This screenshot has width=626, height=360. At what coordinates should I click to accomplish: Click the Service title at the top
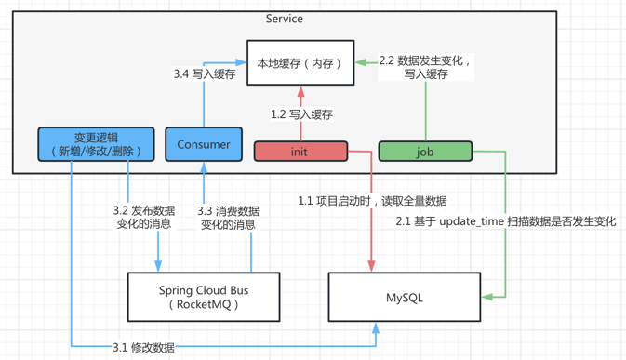pos(284,19)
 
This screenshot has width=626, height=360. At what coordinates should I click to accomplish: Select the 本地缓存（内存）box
pos(300,63)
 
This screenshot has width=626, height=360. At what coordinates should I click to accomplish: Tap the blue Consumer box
pos(203,144)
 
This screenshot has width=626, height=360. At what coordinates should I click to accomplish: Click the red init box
pos(300,151)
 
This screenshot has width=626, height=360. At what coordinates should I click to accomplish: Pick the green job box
pos(424,151)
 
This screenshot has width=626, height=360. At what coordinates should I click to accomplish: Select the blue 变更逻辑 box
pos(95,144)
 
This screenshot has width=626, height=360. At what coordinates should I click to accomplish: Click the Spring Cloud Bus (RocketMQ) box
pos(204,297)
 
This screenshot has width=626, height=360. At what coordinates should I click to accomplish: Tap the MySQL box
pos(404,298)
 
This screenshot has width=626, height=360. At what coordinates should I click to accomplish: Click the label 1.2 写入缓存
pos(301,114)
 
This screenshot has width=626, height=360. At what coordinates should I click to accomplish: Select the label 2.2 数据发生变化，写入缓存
pos(426,67)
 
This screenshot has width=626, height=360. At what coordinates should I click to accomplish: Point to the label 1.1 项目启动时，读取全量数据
pos(372,201)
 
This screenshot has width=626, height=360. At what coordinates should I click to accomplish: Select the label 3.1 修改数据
pos(143,347)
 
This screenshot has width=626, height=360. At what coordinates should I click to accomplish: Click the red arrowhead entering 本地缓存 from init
pos(300,90)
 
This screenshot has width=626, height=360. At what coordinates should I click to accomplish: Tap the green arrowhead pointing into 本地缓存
pos(361,62)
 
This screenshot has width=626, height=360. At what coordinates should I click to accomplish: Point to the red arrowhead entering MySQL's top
pos(372,267)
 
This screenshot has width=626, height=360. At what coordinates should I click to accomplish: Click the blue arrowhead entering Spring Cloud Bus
pos(158,267)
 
